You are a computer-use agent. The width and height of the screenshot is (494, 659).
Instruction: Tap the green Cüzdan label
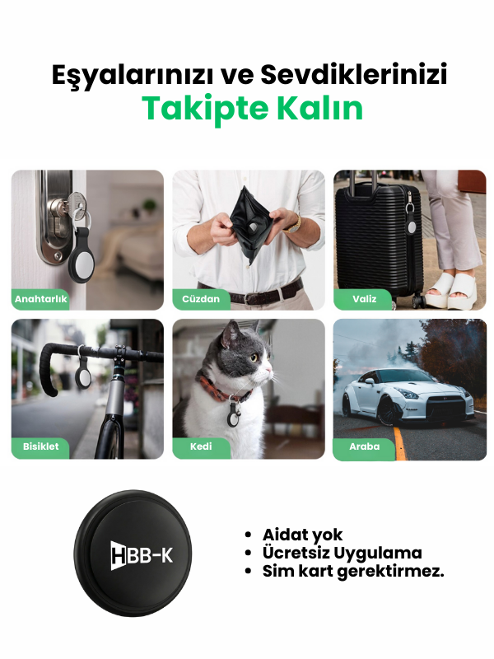201,299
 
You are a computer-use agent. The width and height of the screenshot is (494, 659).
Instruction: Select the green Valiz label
364,299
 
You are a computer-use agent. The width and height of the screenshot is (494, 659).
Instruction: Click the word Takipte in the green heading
198,108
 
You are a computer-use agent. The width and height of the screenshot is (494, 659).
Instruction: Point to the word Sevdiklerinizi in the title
354,75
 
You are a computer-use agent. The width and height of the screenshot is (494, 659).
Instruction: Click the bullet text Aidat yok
302,535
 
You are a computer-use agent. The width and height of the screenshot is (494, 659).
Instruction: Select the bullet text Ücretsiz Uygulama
342,553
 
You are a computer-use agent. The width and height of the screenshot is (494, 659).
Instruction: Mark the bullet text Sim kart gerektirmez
353,571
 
